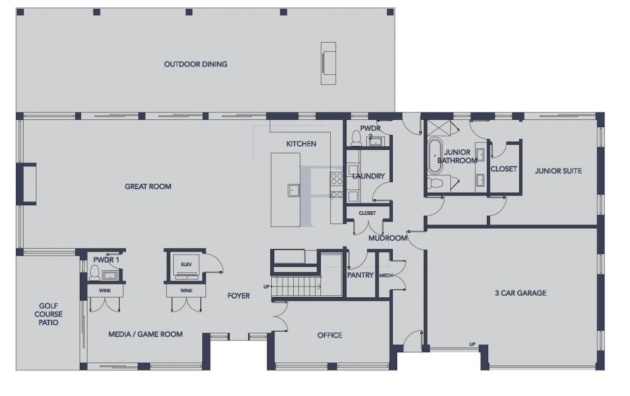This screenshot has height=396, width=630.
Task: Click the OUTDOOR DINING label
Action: click(195, 64)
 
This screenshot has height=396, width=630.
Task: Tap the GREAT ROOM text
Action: click(148, 186)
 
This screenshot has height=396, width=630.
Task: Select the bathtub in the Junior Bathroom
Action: click(435, 156)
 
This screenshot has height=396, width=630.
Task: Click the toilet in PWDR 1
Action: click(94, 273)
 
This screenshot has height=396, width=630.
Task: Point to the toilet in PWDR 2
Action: click(356, 139)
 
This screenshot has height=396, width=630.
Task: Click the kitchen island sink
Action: click(294, 190)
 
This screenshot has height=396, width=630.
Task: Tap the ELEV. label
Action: click(186, 264)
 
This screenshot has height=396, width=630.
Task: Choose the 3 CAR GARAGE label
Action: click(520, 293)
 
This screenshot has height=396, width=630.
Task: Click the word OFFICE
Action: click(329, 335)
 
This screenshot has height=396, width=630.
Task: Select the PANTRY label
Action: click(360, 275)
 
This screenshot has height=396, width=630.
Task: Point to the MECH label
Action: click(386, 275)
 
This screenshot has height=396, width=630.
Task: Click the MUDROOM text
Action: click(388, 238)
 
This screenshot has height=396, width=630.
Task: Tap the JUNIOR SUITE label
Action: click(558, 171)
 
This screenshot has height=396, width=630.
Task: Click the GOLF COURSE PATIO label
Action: click(48, 314)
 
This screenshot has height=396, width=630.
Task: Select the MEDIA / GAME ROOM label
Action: click(145, 334)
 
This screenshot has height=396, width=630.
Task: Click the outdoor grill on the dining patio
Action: click(328, 63)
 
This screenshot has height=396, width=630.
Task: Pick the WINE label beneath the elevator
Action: click(186, 290)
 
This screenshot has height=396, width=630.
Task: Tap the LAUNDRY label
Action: click(368, 176)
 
